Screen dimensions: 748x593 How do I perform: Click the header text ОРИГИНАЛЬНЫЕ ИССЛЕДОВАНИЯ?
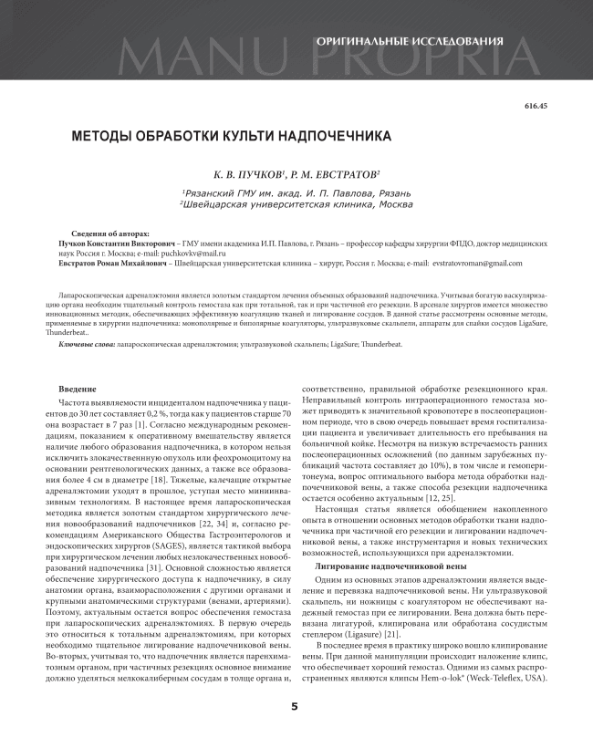[409, 42]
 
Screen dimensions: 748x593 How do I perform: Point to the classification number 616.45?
[536, 108]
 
